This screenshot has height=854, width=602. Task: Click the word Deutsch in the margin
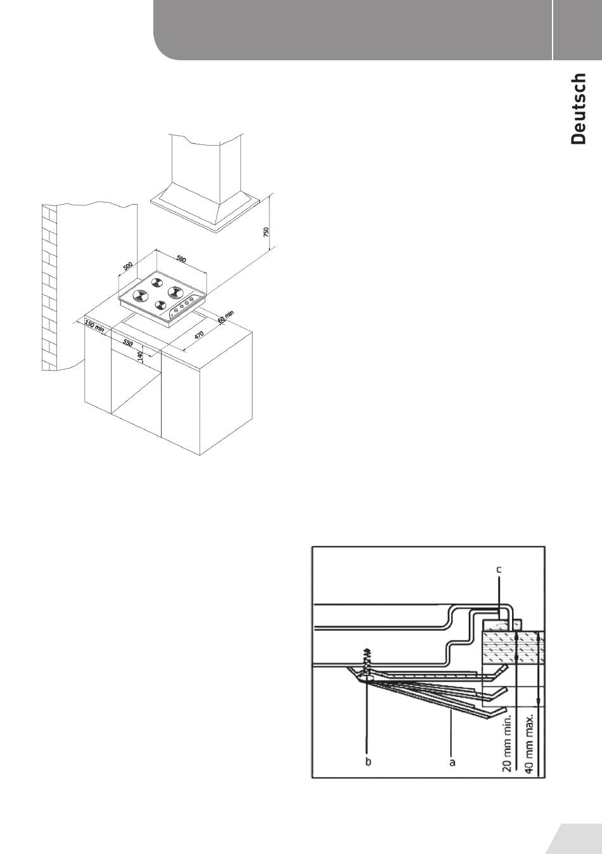(x=579, y=109)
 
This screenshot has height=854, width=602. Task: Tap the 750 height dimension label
(x=266, y=232)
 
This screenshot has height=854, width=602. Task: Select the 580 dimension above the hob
(x=181, y=258)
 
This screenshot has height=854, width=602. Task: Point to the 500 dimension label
(x=128, y=265)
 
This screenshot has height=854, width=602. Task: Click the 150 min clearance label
(x=94, y=326)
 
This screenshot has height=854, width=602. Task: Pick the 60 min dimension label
(x=226, y=317)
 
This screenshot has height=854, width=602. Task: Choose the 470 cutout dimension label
(x=199, y=335)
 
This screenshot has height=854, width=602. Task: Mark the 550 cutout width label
(x=128, y=343)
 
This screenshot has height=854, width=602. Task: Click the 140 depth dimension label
(x=139, y=357)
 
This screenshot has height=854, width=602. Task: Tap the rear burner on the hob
(x=157, y=283)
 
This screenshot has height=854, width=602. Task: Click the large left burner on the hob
(x=140, y=295)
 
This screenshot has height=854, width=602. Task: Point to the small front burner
(x=160, y=305)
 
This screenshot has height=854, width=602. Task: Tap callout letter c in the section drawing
(x=499, y=570)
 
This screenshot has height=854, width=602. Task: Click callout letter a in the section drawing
(x=452, y=762)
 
